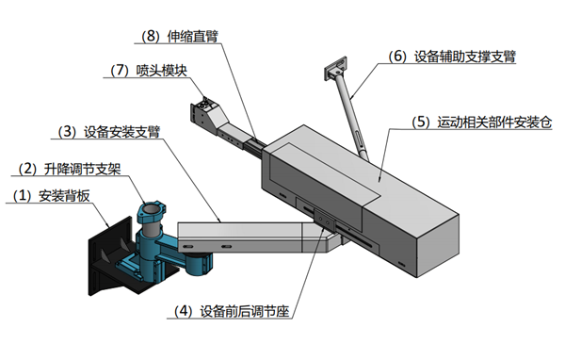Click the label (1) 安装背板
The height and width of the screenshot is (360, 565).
[x=51, y=196]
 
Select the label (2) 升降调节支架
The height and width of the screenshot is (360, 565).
[x=70, y=169]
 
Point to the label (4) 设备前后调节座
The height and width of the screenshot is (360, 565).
[x=232, y=311]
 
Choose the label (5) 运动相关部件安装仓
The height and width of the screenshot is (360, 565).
[x=482, y=123]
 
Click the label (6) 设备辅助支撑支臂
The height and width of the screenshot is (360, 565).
[x=452, y=57]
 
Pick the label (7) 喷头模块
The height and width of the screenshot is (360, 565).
[x=149, y=70]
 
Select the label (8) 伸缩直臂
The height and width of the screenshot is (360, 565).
[x=180, y=37]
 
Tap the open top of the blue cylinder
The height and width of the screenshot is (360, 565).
[x=152, y=209]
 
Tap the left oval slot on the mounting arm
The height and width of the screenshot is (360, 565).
[x=187, y=246]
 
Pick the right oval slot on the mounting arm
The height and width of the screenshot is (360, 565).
[x=226, y=246]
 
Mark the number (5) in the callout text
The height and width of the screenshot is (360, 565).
[x=421, y=123]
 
